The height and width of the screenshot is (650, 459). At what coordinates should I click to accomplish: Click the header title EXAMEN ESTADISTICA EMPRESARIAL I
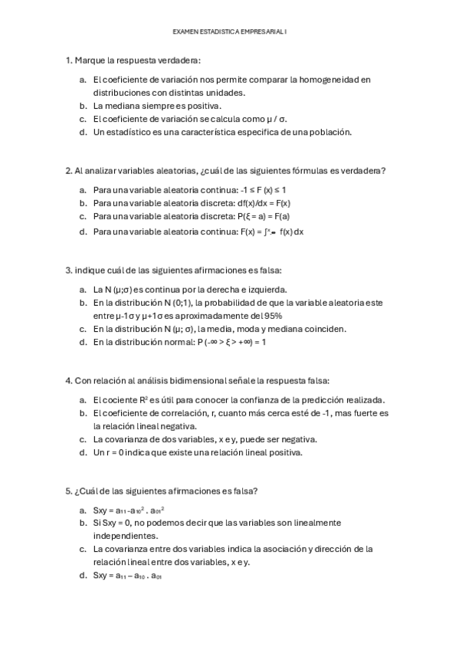tap(230, 31)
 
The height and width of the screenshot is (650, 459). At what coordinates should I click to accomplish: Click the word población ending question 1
tap(330, 132)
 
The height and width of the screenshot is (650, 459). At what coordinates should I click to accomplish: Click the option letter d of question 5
tap(82, 575)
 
